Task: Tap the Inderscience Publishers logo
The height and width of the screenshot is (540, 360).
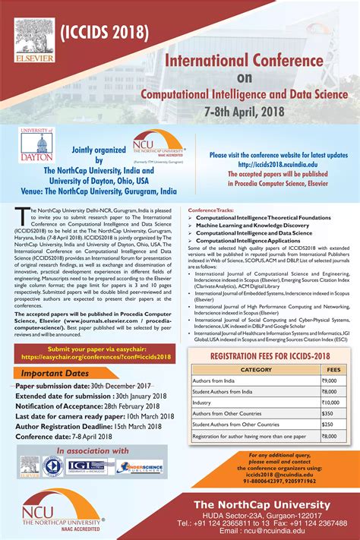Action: click(x=139, y=466)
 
